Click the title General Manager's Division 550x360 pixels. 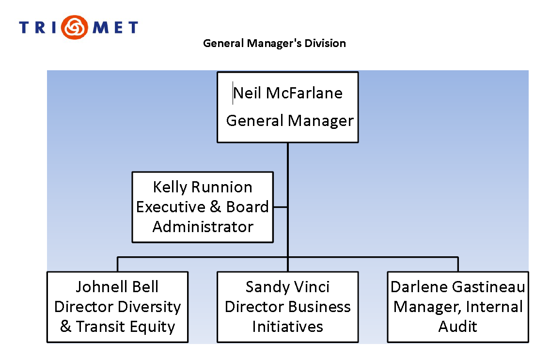(274, 43)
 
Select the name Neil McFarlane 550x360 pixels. (288, 93)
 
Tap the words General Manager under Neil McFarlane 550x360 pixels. (290, 120)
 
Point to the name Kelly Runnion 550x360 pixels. (203, 187)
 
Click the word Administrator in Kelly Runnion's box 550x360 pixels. (203, 226)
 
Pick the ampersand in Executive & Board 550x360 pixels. (215, 207)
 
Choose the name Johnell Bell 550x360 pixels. (117, 287)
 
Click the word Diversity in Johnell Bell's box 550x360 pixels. (150, 307)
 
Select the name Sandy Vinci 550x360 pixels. (287, 287)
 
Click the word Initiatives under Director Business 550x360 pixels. (287, 327)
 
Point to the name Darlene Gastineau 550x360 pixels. (457, 287)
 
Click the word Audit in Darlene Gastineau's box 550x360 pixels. (457, 327)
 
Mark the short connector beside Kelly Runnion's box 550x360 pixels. (280, 207)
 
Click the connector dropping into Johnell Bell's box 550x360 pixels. (117, 264)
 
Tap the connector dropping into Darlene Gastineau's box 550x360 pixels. (457, 264)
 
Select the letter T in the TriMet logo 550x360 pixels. (25, 27)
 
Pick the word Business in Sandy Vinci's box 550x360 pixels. (320, 307)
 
